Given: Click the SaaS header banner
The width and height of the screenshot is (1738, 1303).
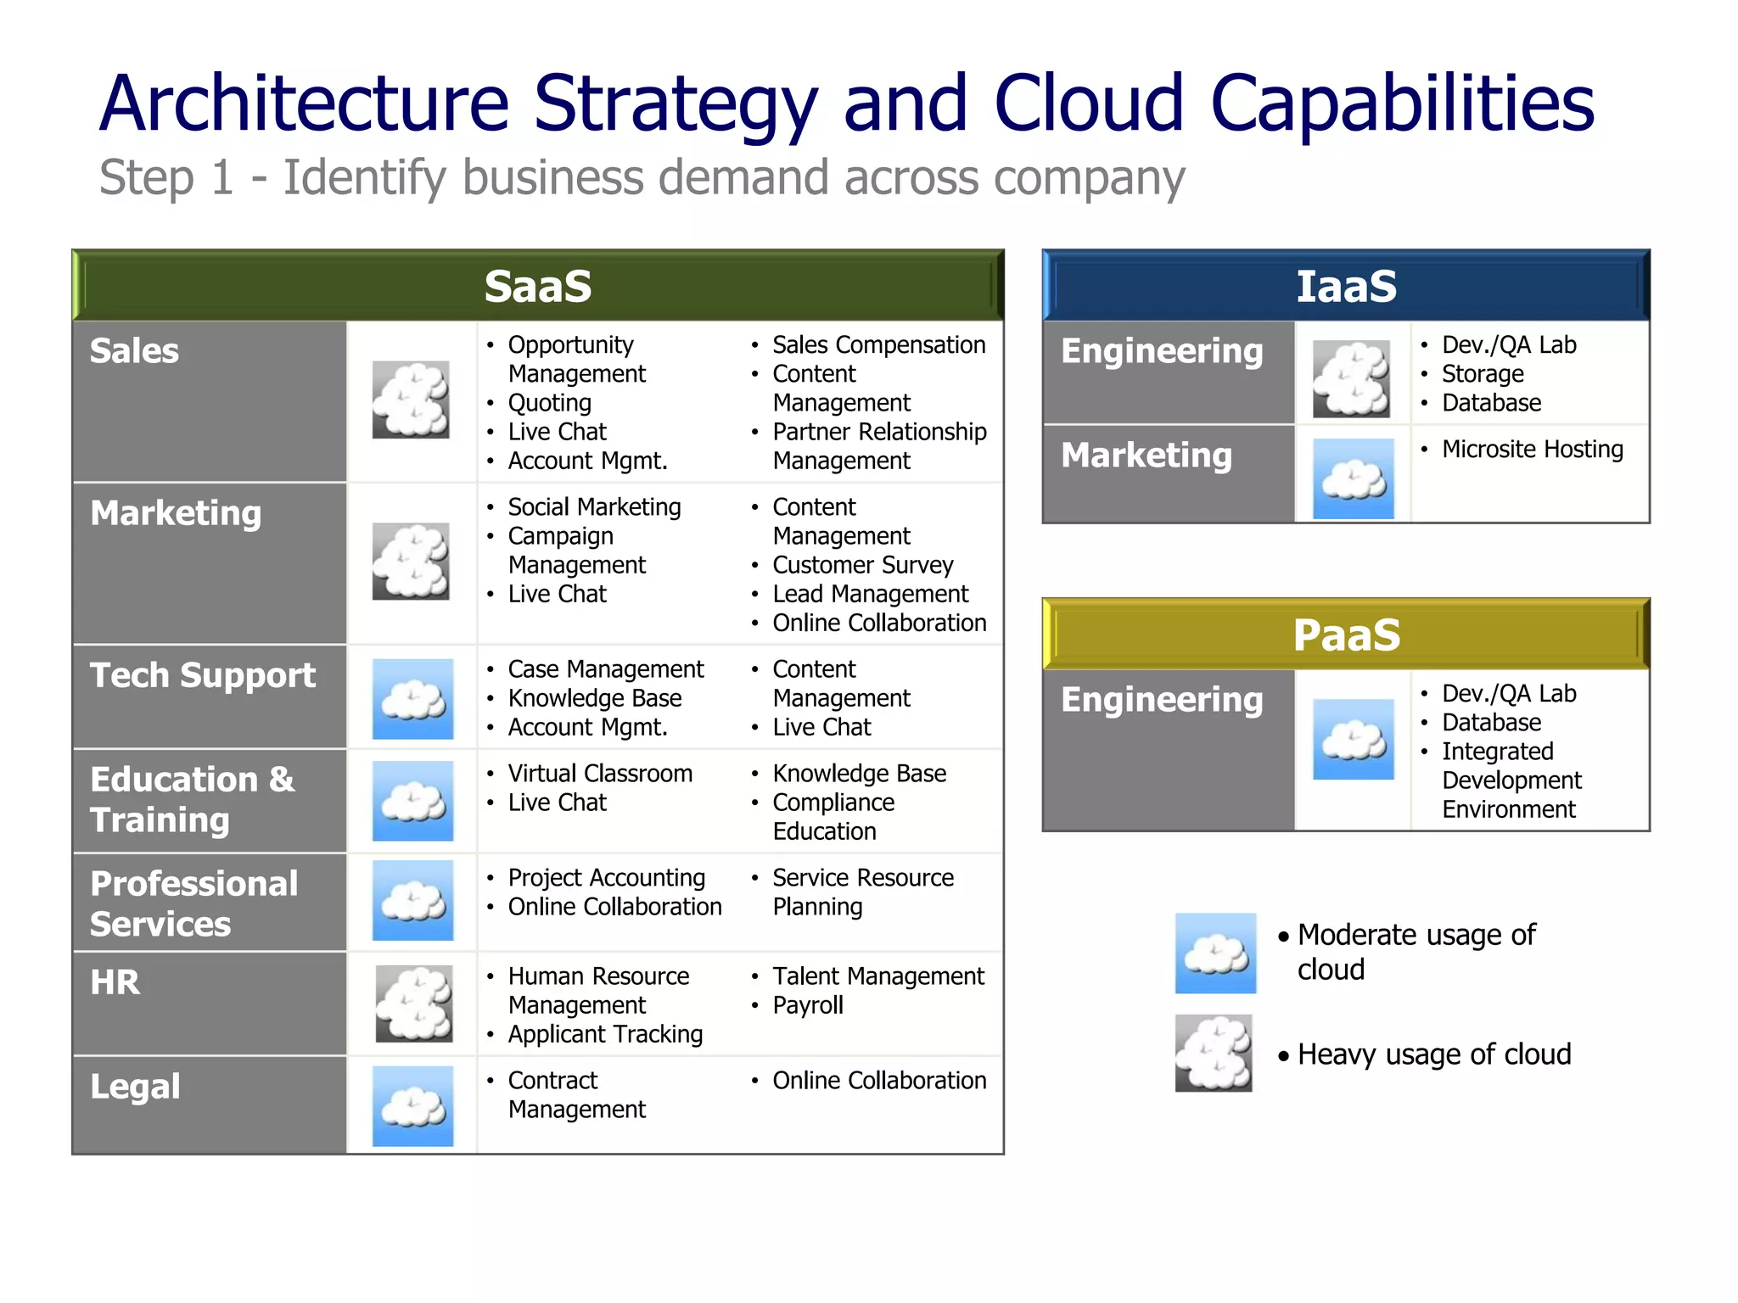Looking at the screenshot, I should point(537,286).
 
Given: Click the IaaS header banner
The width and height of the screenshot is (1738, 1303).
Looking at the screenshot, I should point(1345,286).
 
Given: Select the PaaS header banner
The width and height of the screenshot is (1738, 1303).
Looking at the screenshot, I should point(1345,635).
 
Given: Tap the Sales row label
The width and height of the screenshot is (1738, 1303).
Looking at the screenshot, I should point(134,351).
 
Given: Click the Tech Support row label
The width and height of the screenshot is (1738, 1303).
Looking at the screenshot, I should point(203,675).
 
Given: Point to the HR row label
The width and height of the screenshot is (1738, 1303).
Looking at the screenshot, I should point(115,982).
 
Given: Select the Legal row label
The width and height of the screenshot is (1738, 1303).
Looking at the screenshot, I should point(135,1087).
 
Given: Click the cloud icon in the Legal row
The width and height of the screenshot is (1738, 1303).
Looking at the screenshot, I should point(412,1106).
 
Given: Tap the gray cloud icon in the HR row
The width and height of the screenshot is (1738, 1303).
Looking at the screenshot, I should point(413,1004).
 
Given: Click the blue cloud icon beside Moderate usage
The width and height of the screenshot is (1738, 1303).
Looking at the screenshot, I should point(1215,953).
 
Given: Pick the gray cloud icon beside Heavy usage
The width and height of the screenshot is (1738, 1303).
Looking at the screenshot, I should point(1214,1053).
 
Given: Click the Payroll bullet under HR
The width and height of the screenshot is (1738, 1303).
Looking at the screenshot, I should point(807,1005).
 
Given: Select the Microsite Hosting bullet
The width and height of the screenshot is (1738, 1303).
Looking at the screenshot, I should point(1532,450).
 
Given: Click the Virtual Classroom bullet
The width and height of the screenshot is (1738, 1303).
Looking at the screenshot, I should point(600,774).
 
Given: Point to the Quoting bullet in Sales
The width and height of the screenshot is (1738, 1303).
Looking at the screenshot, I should point(549,403).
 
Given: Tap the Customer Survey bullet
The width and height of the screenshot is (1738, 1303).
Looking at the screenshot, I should point(862,565).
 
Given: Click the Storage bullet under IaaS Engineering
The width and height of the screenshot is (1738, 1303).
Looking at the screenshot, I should point(1482,374).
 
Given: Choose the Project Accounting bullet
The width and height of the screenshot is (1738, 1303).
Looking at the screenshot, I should point(606,878).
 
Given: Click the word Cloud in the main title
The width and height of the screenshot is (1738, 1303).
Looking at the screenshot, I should point(1089,103).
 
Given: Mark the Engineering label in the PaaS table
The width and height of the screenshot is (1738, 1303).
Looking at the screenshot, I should point(1161,700).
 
